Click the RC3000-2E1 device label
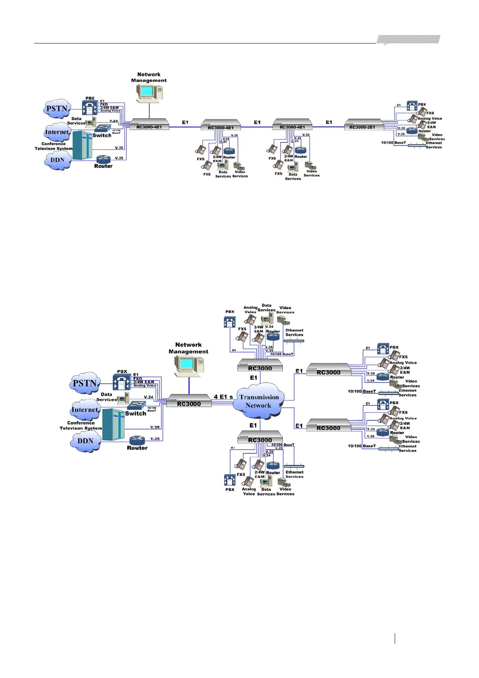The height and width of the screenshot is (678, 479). (x=362, y=127)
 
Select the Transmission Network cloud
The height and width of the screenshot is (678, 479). (x=259, y=401)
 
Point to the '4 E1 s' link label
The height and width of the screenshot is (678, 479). (x=223, y=397)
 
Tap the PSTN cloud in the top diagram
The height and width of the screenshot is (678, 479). (x=57, y=109)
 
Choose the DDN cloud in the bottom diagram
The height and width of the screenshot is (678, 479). (x=85, y=441)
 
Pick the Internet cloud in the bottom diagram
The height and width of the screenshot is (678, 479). (x=85, y=410)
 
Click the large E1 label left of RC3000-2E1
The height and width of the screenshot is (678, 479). (x=329, y=122)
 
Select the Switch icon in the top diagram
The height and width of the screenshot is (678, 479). (x=102, y=128)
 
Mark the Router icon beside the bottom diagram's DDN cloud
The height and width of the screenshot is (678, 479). (x=137, y=440)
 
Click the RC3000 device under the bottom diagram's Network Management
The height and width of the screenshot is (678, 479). (x=189, y=401)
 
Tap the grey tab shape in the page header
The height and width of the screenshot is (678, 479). (x=408, y=39)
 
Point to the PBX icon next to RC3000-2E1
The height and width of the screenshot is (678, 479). (x=412, y=106)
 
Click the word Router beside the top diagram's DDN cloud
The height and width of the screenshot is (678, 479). (x=103, y=166)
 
